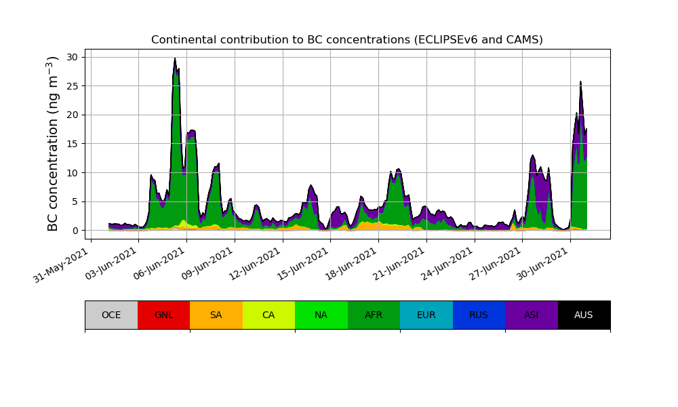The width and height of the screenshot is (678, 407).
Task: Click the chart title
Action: [346, 40]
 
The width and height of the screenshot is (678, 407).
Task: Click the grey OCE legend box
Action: [111, 315]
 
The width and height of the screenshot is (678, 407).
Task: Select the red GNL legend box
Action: [163, 315]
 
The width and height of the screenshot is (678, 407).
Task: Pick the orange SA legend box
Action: [216, 315]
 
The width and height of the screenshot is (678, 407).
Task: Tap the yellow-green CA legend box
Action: [268, 315]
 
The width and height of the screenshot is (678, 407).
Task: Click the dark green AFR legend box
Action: [374, 315]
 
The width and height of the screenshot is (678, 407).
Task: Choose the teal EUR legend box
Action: [426, 315]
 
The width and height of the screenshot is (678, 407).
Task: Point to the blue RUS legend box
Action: [479, 315]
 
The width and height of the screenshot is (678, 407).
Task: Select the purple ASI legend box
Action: [532, 315]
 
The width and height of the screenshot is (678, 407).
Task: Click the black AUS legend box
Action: [584, 315]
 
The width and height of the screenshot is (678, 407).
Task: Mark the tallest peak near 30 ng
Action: [175, 59]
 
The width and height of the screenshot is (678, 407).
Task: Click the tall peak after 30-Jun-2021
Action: [580, 83]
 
